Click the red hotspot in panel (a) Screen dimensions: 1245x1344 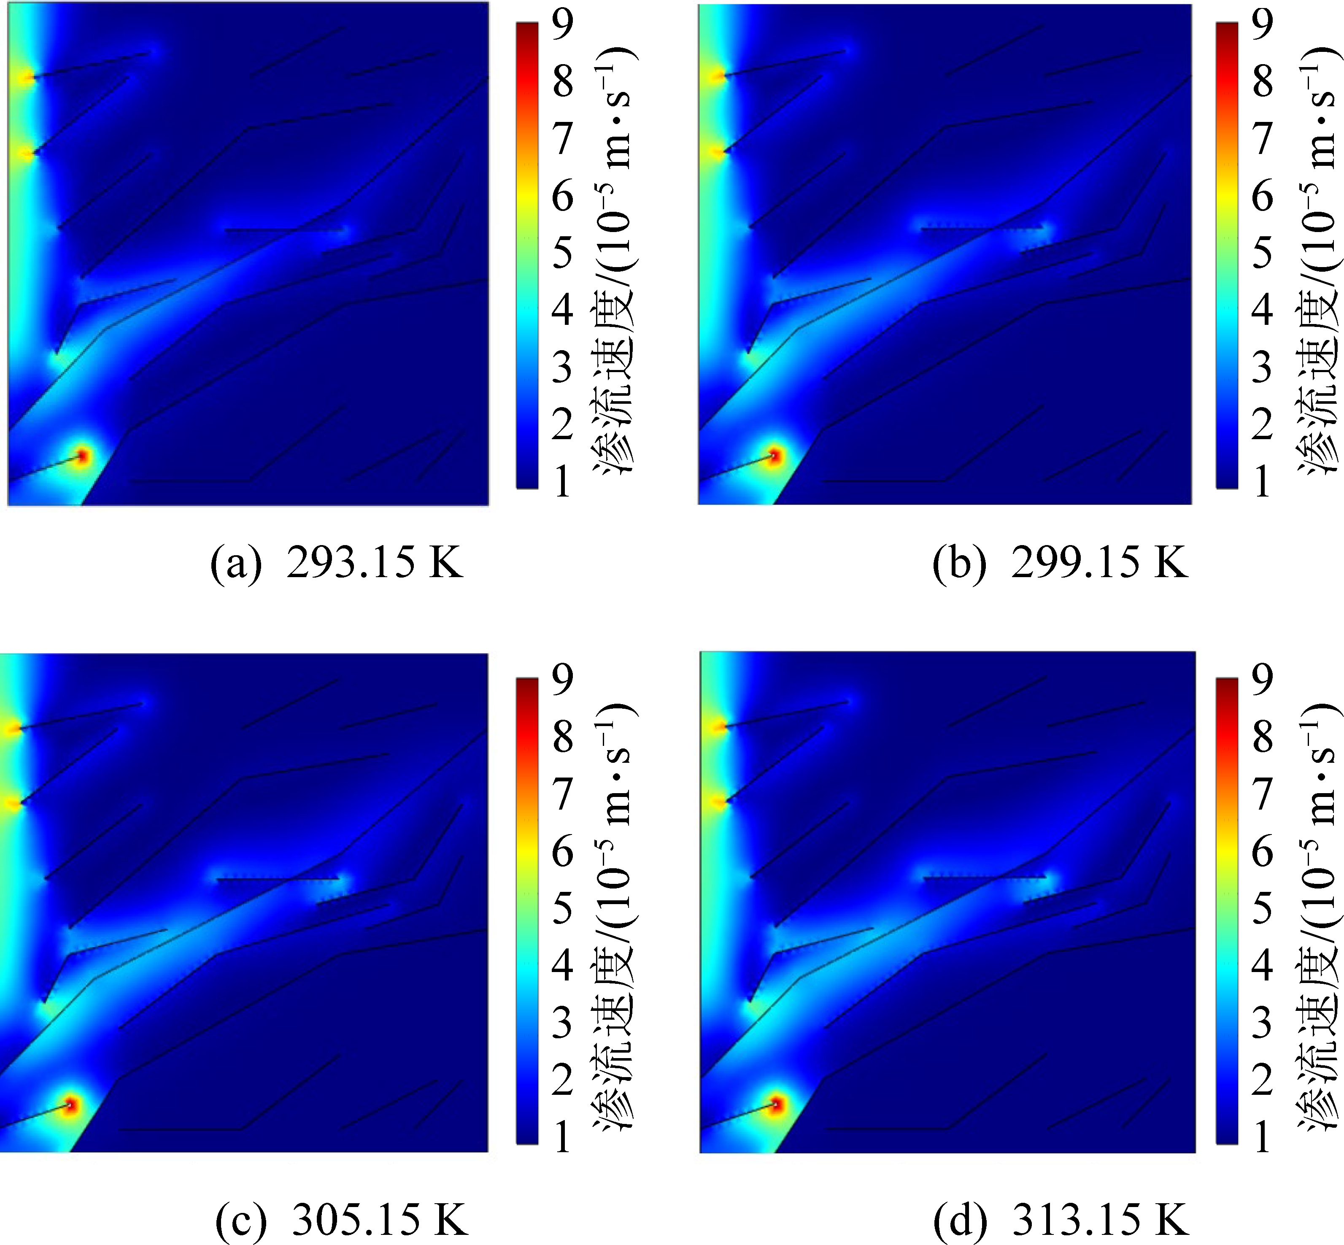point(82,456)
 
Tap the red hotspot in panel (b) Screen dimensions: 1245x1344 point(775,456)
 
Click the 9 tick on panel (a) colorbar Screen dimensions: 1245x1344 point(562,24)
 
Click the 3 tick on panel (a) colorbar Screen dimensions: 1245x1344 point(562,368)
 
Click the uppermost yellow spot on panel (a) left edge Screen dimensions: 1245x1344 point(26,78)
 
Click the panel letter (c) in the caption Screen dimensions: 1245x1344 point(240,1220)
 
